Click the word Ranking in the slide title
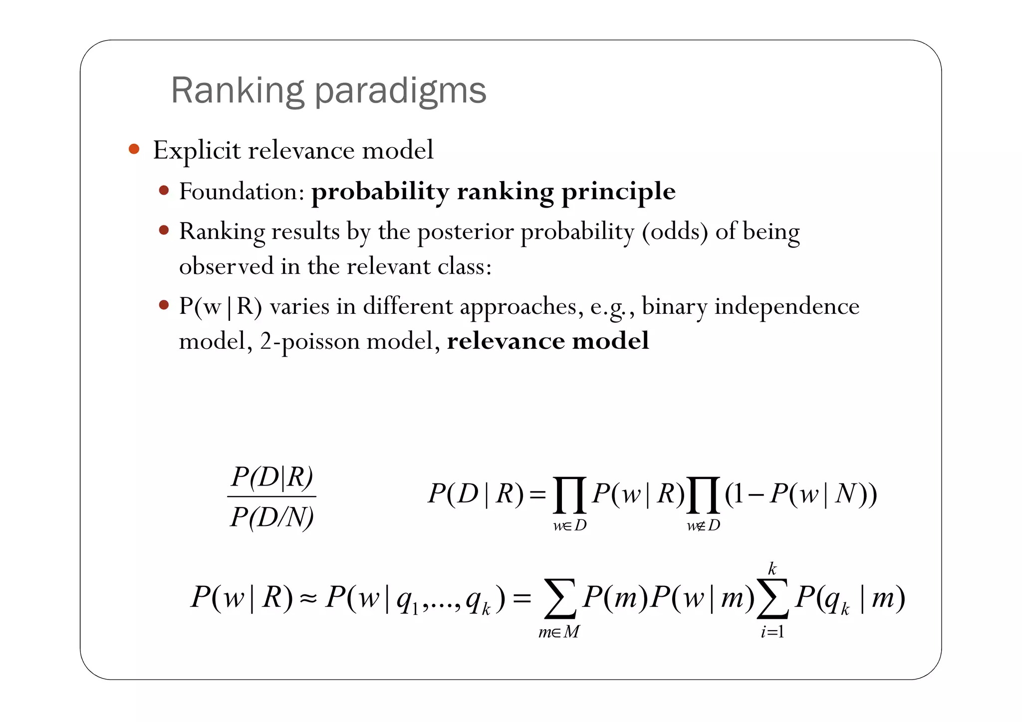(237, 91)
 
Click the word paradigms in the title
(400, 91)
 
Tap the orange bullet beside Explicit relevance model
(134, 149)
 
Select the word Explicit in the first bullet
(197, 150)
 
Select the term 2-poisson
(309, 342)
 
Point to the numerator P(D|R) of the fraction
(272, 477)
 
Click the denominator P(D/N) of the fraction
(272, 517)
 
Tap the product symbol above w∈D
(569, 494)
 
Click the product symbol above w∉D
(703, 494)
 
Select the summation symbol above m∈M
(560, 598)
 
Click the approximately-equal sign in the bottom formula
(308, 598)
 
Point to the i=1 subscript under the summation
(772, 632)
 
